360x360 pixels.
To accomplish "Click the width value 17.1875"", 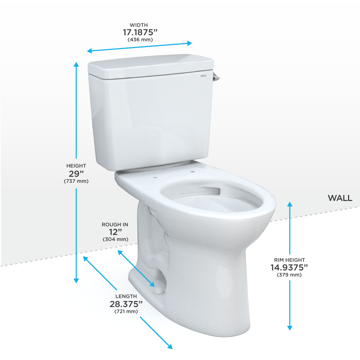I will pos(140,32).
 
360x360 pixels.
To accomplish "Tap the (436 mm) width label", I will pos(140,39).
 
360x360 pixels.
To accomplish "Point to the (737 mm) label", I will pos(76,181).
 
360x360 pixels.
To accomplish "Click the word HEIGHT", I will pos(76,166).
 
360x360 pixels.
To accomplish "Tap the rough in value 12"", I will pos(115,232).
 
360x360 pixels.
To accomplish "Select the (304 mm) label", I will pos(115,239).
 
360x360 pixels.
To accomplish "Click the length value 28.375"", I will pos(126,304).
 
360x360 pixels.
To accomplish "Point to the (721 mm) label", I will pos(126,311).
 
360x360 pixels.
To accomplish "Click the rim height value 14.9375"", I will pos(289,267).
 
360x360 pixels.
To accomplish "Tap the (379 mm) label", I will pos(289,275).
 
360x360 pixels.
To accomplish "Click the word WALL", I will pos(340,198).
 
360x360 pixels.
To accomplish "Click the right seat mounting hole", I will pos(192,171).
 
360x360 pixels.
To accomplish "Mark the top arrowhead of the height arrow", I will pos(76,64).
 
